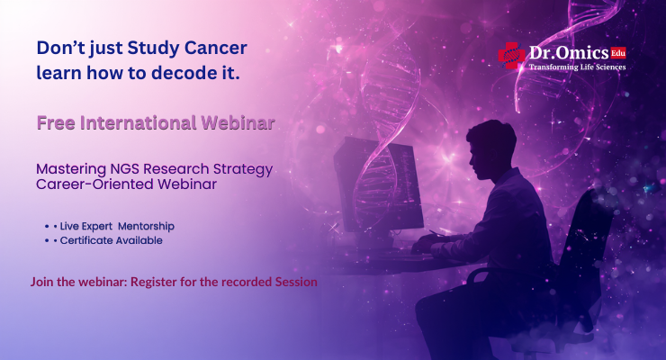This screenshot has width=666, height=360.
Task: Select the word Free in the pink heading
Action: point(54,122)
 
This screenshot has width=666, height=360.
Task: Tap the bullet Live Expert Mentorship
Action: point(113,226)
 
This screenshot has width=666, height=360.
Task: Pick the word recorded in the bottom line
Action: point(247,282)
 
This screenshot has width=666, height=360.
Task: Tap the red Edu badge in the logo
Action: point(617,52)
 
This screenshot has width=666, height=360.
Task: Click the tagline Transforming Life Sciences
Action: point(576,67)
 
